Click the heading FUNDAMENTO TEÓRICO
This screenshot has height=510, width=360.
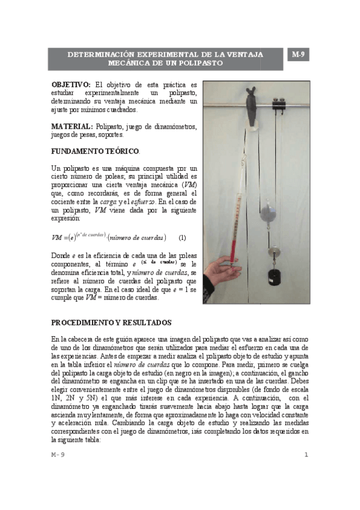click(95, 150)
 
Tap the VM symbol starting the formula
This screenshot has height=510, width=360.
click(58, 238)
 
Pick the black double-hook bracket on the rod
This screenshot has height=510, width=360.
click(278, 105)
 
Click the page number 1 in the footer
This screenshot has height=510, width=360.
click(306, 455)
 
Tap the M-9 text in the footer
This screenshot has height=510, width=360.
click(58, 455)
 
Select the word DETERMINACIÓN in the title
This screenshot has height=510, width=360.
click(100, 54)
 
